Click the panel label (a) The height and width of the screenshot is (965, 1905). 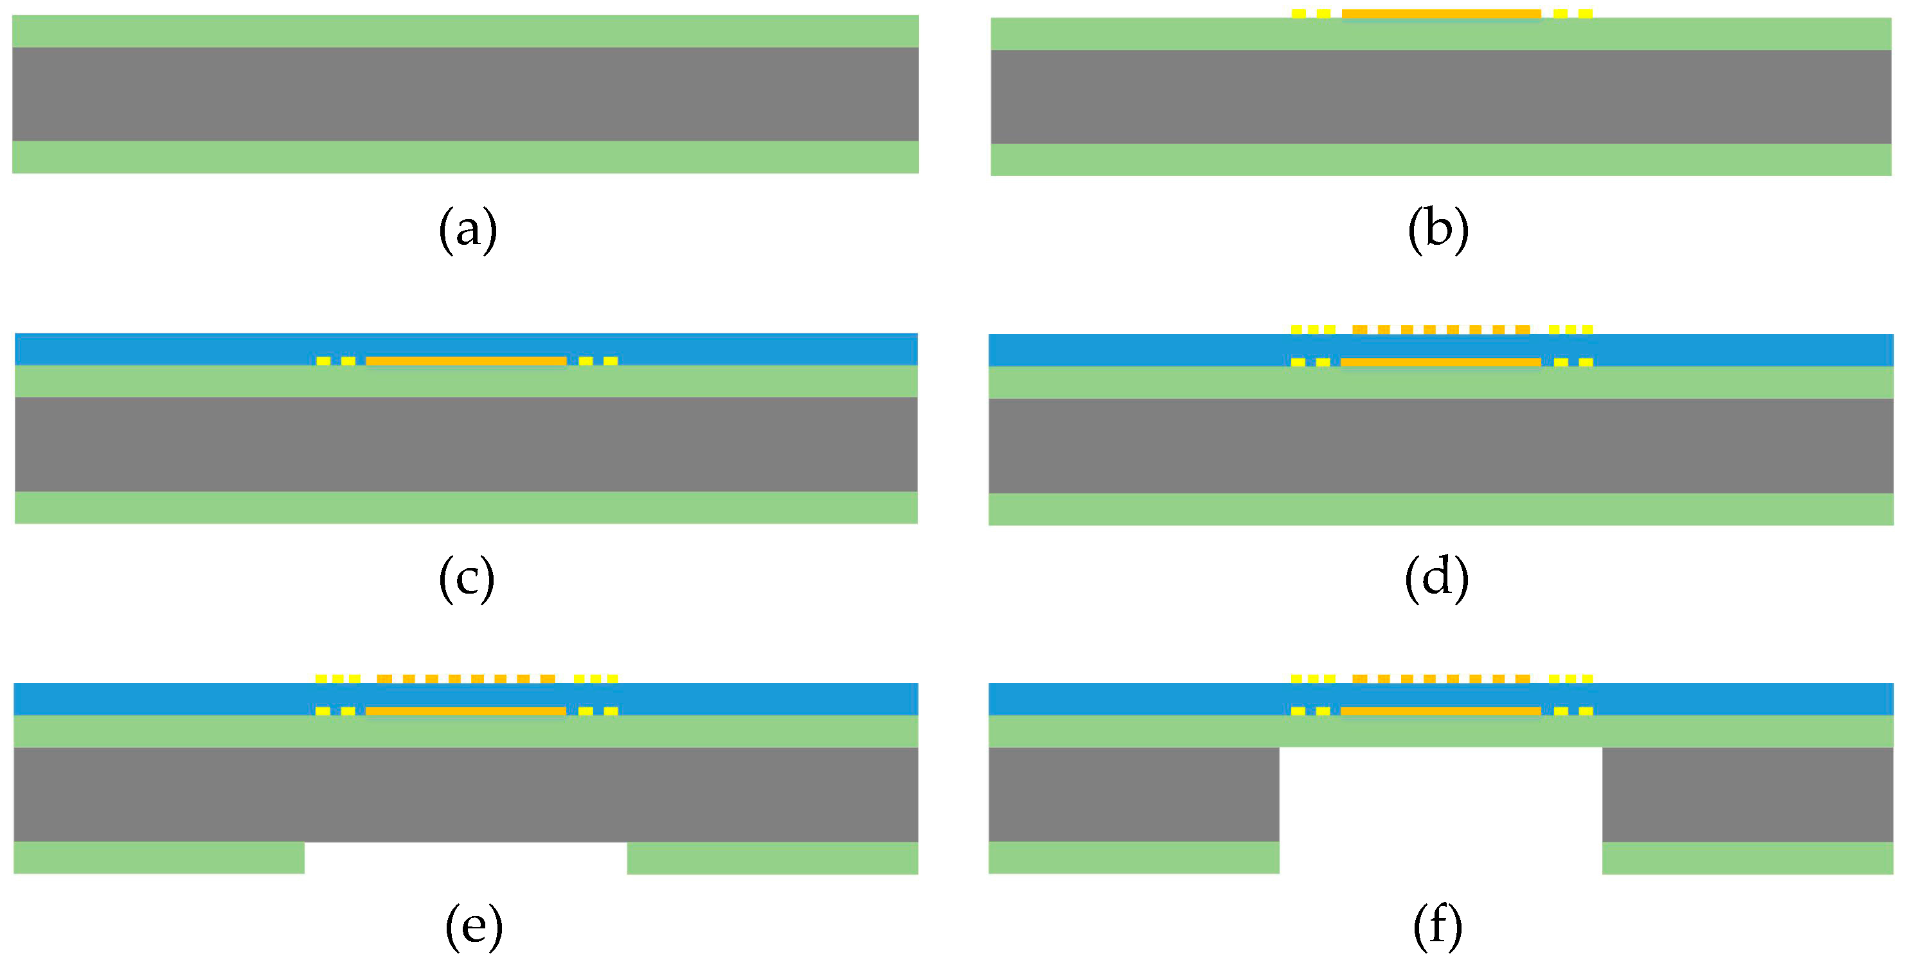pyautogui.click(x=467, y=231)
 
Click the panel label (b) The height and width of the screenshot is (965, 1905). pyautogui.click(x=1438, y=231)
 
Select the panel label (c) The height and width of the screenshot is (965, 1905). pyautogui.click(x=467, y=578)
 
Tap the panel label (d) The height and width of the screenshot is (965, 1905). pyautogui.click(x=1436, y=578)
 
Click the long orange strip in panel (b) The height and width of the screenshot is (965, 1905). pyautogui.click(x=1440, y=13)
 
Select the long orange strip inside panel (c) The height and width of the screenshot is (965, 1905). pyautogui.click(x=466, y=361)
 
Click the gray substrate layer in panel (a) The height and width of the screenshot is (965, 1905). pyautogui.click(x=466, y=94)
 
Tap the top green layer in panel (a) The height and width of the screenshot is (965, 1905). pyautogui.click(x=466, y=31)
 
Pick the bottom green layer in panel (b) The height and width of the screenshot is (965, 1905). pyautogui.click(x=1440, y=160)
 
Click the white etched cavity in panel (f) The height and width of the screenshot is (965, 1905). pyautogui.click(x=1440, y=810)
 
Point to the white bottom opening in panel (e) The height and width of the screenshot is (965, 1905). pyautogui.click(x=466, y=858)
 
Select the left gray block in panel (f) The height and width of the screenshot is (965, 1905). pyautogui.click(x=1134, y=794)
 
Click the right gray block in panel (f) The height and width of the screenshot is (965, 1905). pyautogui.click(x=1748, y=794)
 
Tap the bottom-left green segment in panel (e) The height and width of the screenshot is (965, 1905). pyautogui.click(x=159, y=858)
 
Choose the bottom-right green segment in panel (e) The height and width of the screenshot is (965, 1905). pyautogui.click(x=773, y=858)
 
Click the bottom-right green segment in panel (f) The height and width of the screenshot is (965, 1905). pyautogui.click(x=1748, y=858)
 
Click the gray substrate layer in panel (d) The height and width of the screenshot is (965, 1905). pyautogui.click(x=1440, y=446)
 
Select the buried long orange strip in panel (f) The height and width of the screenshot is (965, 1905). pyautogui.click(x=1440, y=711)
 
